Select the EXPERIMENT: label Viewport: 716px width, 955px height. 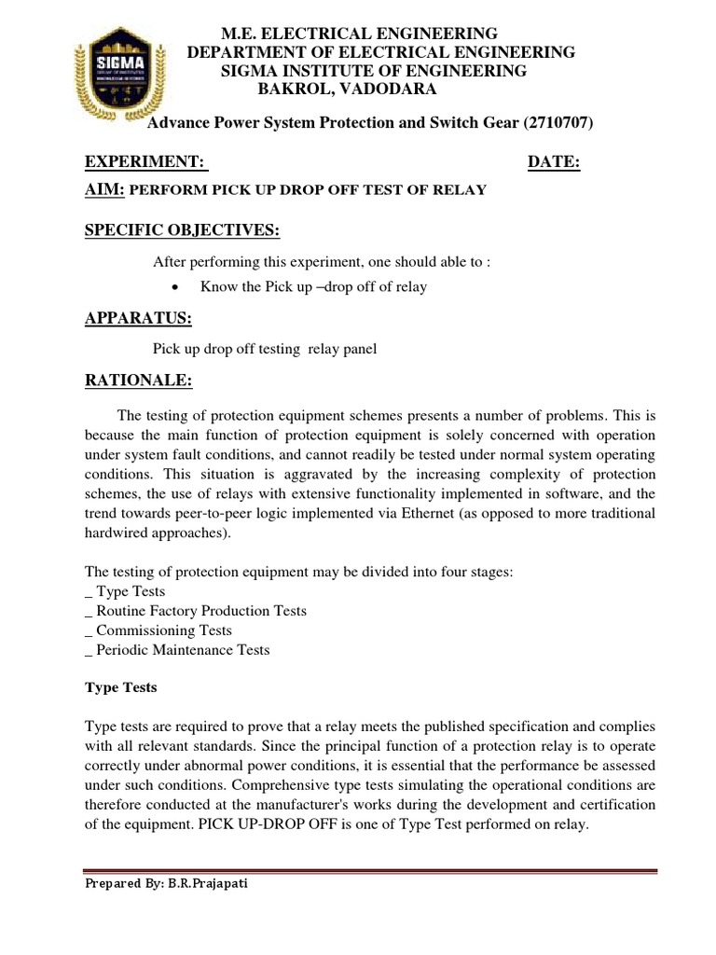coord(145,162)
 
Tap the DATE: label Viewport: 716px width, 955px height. coord(554,162)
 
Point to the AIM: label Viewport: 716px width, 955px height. coord(104,189)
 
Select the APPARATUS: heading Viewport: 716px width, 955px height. coord(138,319)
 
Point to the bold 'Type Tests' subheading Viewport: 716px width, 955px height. coord(121,687)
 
